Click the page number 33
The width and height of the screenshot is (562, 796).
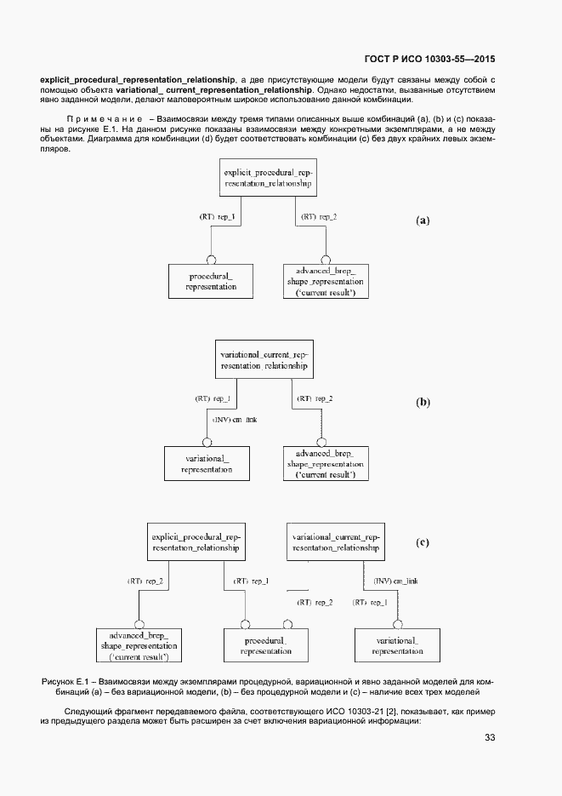(490, 737)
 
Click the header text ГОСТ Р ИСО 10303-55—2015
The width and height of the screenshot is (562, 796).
(429, 60)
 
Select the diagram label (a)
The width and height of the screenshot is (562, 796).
(423, 220)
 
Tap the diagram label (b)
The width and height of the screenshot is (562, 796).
(423, 402)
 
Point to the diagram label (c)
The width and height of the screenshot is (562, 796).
(423, 541)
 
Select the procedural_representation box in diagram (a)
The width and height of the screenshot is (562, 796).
(211, 281)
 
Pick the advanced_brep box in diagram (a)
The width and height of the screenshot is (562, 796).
(326, 281)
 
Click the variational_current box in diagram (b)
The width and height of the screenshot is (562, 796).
(265, 358)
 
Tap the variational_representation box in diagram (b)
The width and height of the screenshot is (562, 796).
(207, 463)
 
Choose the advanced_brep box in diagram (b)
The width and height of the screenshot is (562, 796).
(325, 463)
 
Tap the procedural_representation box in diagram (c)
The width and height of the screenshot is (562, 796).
(265, 646)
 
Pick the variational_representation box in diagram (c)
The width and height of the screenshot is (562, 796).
(397, 646)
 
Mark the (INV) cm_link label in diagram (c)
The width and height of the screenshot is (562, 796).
(395, 581)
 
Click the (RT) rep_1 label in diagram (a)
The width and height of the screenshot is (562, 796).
(217, 218)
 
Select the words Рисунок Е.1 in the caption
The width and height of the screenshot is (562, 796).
(65, 683)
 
